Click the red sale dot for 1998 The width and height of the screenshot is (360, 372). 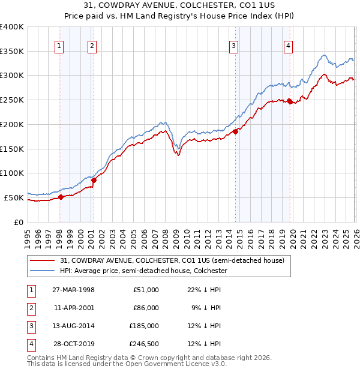click(x=61, y=197)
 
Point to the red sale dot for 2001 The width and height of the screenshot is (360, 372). click(x=93, y=180)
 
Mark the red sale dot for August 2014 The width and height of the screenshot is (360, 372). click(x=235, y=132)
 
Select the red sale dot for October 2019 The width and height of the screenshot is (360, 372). click(x=290, y=101)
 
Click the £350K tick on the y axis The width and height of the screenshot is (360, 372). click(x=12, y=52)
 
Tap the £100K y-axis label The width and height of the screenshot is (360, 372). click(x=12, y=173)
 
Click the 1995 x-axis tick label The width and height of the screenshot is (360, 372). click(x=28, y=238)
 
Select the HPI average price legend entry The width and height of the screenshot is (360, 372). click(x=143, y=271)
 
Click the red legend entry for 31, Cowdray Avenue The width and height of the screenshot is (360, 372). click(x=175, y=260)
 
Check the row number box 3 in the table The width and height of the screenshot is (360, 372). click(x=30, y=326)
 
